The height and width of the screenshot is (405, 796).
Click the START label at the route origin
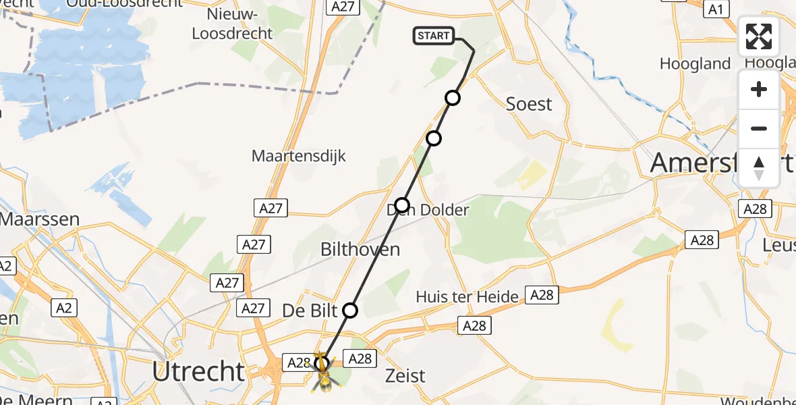[x=434, y=36]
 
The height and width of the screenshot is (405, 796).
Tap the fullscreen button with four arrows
[x=759, y=36]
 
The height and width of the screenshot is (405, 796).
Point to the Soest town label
[x=529, y=104]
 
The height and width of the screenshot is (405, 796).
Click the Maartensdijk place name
[x=298, y=156]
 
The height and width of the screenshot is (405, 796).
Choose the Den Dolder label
[x=428, y=210]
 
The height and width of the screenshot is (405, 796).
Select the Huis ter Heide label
[x=467, y=296]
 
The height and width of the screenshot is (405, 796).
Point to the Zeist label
[x=405, y=375]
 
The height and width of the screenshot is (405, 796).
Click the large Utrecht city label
[x=198, y=371]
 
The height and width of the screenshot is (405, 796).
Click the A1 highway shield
[x=716, y=9]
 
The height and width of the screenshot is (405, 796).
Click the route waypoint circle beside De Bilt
[x=350, y=310]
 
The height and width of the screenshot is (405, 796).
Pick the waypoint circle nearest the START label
[x=453, y=98]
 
